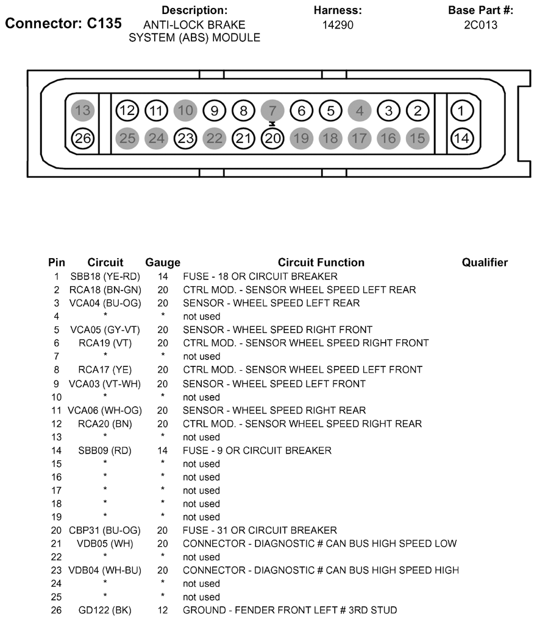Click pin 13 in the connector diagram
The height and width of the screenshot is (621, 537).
(83, 111)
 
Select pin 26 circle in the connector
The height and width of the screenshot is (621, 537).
(83, 138)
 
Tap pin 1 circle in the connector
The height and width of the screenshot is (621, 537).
(461, 111)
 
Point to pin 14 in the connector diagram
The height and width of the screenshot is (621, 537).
(461, 138)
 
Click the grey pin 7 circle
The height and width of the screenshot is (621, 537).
(272, 111)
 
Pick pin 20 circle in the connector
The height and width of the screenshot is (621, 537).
(272, 138)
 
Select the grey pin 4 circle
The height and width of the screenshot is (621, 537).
(360, 111)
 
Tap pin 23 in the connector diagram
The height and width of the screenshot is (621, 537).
(185, 138)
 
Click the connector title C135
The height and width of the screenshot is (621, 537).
(63, 24)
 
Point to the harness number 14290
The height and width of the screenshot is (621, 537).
(338, 25)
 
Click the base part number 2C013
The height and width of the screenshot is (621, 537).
(480, 25)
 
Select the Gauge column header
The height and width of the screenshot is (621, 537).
(163, 263)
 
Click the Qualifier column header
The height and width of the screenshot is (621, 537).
(485, 263)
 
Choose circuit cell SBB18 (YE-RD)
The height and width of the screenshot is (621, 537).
(105, 276)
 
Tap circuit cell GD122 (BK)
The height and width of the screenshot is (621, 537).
(105, 610)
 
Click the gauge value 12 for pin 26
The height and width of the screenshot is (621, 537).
(163, 610)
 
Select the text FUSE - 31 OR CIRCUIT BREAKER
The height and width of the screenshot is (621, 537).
(260, 530)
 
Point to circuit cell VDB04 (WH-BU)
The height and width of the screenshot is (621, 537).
(105, 570)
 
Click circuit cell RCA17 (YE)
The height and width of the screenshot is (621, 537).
(105, 370)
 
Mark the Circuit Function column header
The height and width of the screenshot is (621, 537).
(321, 263)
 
